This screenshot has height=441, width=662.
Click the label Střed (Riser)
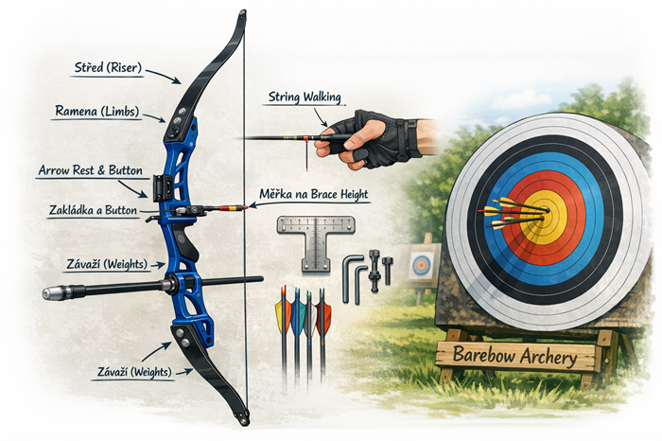pyautogui.click(x=108, y=68)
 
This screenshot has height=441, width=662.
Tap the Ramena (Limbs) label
pyautogui.click(x=97, y=111)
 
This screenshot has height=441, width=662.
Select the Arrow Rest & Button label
pyautogui.click(x=91, y=170)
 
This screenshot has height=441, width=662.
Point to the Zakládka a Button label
pyautogui.click(x=93, y=210)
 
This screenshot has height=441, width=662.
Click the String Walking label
pyautogui.click(x=305, y=97)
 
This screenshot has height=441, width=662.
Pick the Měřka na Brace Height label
pyautogui.click(x=314, y=194)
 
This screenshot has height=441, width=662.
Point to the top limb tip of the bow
pyautogui.click(x=242, y=14)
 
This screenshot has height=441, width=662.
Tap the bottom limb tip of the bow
pyautogui.click(x=244, y=420)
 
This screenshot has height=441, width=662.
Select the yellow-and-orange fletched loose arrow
pyautogui.click(x=284, y=329)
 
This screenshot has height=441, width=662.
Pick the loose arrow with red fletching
pyautogui.click(x=322, y=329)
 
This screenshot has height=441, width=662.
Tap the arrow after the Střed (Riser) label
pyautogui.click(x=164, y=76)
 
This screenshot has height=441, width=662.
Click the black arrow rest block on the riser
pyautogui.click(x=162, y=187)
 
